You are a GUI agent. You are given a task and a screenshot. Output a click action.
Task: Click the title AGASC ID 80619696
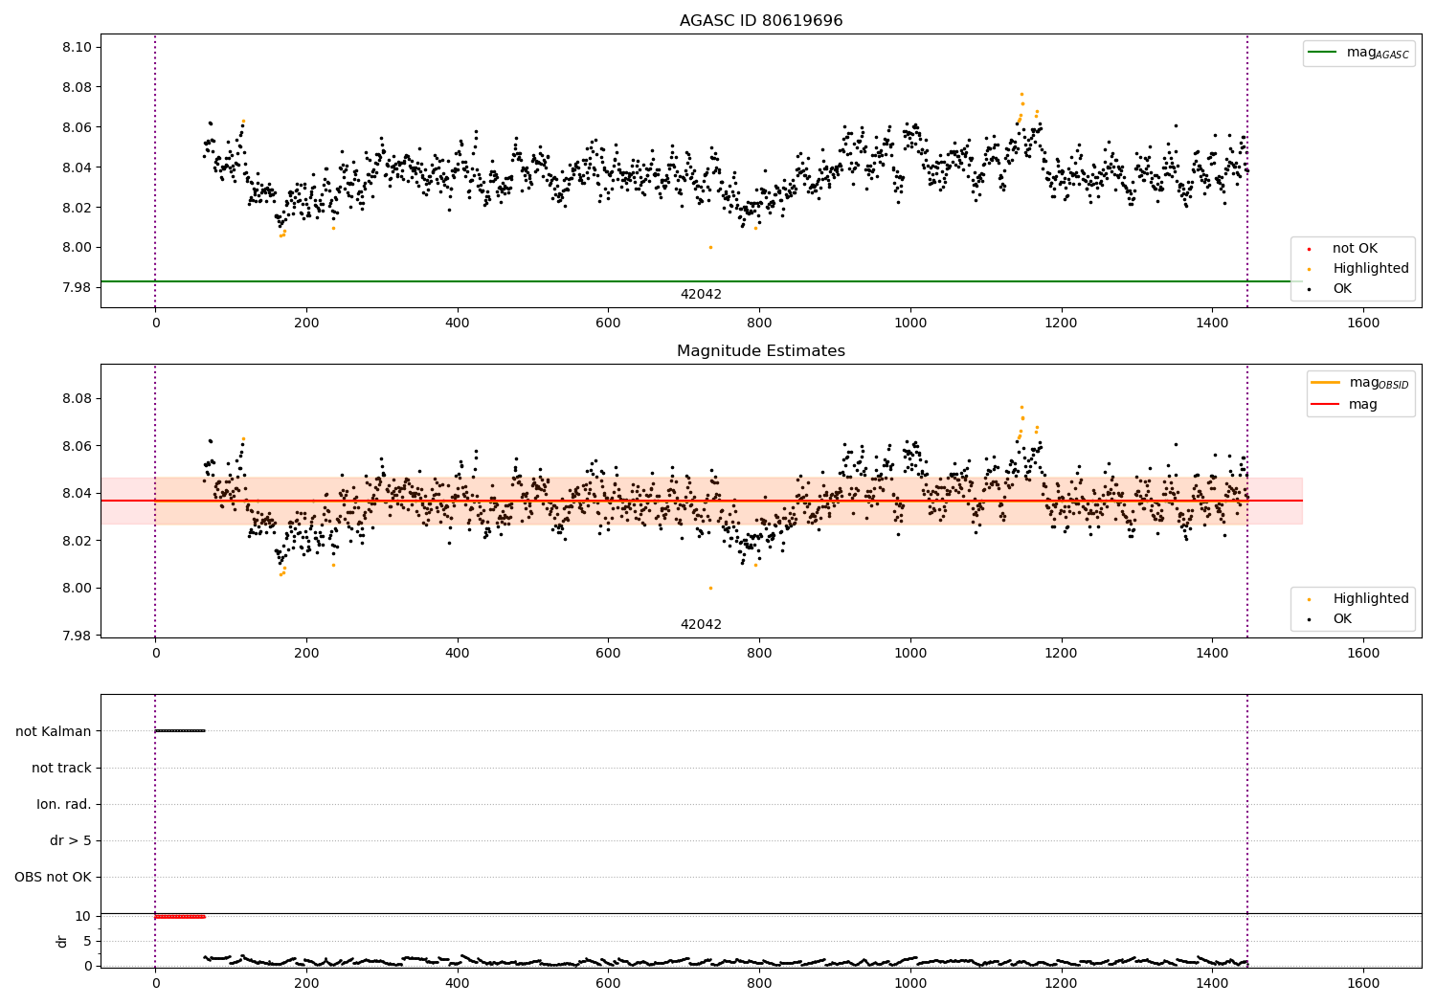point(761,21)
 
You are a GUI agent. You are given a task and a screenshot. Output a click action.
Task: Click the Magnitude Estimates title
point(761,351)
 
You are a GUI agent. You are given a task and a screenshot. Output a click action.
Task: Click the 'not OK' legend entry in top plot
point(1354,249)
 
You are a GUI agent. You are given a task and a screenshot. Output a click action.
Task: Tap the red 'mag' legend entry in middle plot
point(1362,405)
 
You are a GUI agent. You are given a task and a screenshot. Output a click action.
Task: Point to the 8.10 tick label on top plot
point(76,47)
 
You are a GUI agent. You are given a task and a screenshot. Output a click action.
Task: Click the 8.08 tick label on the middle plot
point(76,398)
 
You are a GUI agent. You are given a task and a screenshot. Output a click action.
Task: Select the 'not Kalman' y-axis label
point(54,731)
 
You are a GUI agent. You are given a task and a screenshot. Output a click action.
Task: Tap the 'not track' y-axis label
point(61,768)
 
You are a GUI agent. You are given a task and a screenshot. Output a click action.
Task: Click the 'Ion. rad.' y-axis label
point(64,804)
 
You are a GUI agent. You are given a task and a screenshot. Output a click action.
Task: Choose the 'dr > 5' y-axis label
point(71,840)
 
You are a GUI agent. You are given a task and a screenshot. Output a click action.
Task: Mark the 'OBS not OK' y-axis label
point(53,877)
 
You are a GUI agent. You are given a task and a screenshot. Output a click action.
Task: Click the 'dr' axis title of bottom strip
point(62,941)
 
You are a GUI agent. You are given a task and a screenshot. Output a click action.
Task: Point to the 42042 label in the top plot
point(701,295)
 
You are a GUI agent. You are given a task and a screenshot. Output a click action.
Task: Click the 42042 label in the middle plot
point(701,625)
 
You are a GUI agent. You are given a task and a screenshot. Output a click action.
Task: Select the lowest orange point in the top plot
point(710,247)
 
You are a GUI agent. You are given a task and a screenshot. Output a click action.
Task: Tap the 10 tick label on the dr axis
point(82,916)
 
